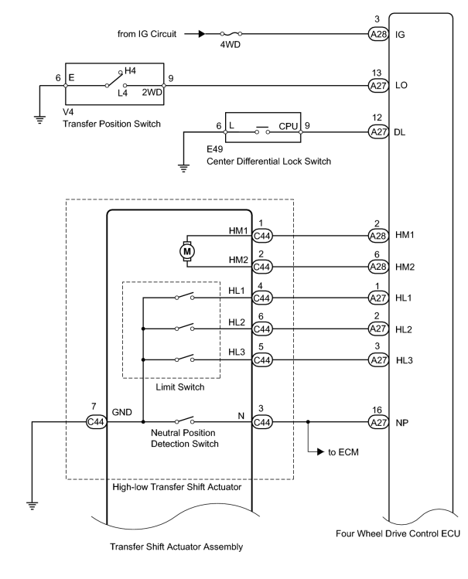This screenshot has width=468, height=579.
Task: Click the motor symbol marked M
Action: pyautogui.click(x=187, y=251)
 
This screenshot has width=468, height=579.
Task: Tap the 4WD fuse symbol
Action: pyautogui.click(x=231, y=33)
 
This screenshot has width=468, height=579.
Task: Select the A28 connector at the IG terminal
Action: pyautogui.click(x=378, y=34)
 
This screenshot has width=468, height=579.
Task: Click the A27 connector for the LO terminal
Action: pyautogui.click(x=378, y=86)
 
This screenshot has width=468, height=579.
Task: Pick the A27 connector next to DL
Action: pyautogui.click(x=378, y=132)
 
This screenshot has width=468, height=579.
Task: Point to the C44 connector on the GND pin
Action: pyautogui.click(x=96, y=422)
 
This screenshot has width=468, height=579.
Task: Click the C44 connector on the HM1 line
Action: pyautogui.click(x=262, y=236)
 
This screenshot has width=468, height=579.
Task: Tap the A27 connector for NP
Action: pyautogui.click(x=378, y=422)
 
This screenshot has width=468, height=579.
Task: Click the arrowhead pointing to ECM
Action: pyautogui.click(x=320, y=451)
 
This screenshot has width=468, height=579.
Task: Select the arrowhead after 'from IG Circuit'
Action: pyautogui.click(x=201, y=34)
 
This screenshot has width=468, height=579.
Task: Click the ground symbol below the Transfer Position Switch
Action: pyautogui.click(x=39, y=120)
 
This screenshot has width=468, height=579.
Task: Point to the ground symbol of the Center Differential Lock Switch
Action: pyautogui.click(x=183, y=168)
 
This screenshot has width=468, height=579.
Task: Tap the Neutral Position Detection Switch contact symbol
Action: pyautogui.click(x=184, y=420)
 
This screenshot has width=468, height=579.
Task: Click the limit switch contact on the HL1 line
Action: pyautogui.click(x=184, y=296)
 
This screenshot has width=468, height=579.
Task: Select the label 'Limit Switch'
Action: pyautogui.click(x=180, y=387)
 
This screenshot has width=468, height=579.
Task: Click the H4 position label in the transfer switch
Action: pyautogui.click(x=130, y=70)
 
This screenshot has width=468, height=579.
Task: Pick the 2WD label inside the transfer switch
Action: pyautogui.click(x=152, y=92)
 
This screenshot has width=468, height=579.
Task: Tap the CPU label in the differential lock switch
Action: pyautogui.click(x=288, y=126)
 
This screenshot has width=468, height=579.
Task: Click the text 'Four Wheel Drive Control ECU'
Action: pyautogui.click(x=398, y=533)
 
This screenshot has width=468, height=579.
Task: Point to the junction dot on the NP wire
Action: pyautogui.click(x=308, y=422)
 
